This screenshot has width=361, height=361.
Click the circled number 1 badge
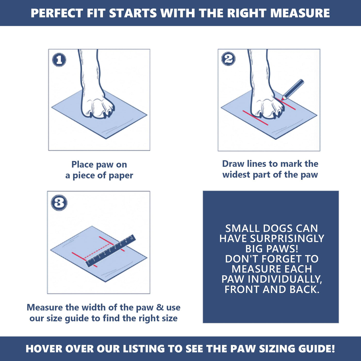click(59, 60)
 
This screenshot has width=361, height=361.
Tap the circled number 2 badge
click(228, 59)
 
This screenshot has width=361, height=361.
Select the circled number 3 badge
click(59, 203)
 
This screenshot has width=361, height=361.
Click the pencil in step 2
click(292, 90)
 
